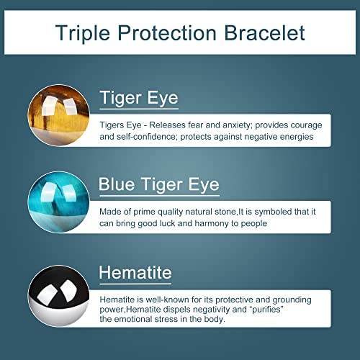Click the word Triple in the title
click(x=83, y=33)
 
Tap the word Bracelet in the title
click(x=264, y=32)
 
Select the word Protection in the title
click(x=167, y=32)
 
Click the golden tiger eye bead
click(x=59, y=115)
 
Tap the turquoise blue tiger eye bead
click(x=59, y=202)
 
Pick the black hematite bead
click(x=59, y=296)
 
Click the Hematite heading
click(x=135, y=273)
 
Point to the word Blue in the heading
click(x=117, y=184)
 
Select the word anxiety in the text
click(x=238, y=125)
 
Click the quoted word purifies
click(x=267, y=310)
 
